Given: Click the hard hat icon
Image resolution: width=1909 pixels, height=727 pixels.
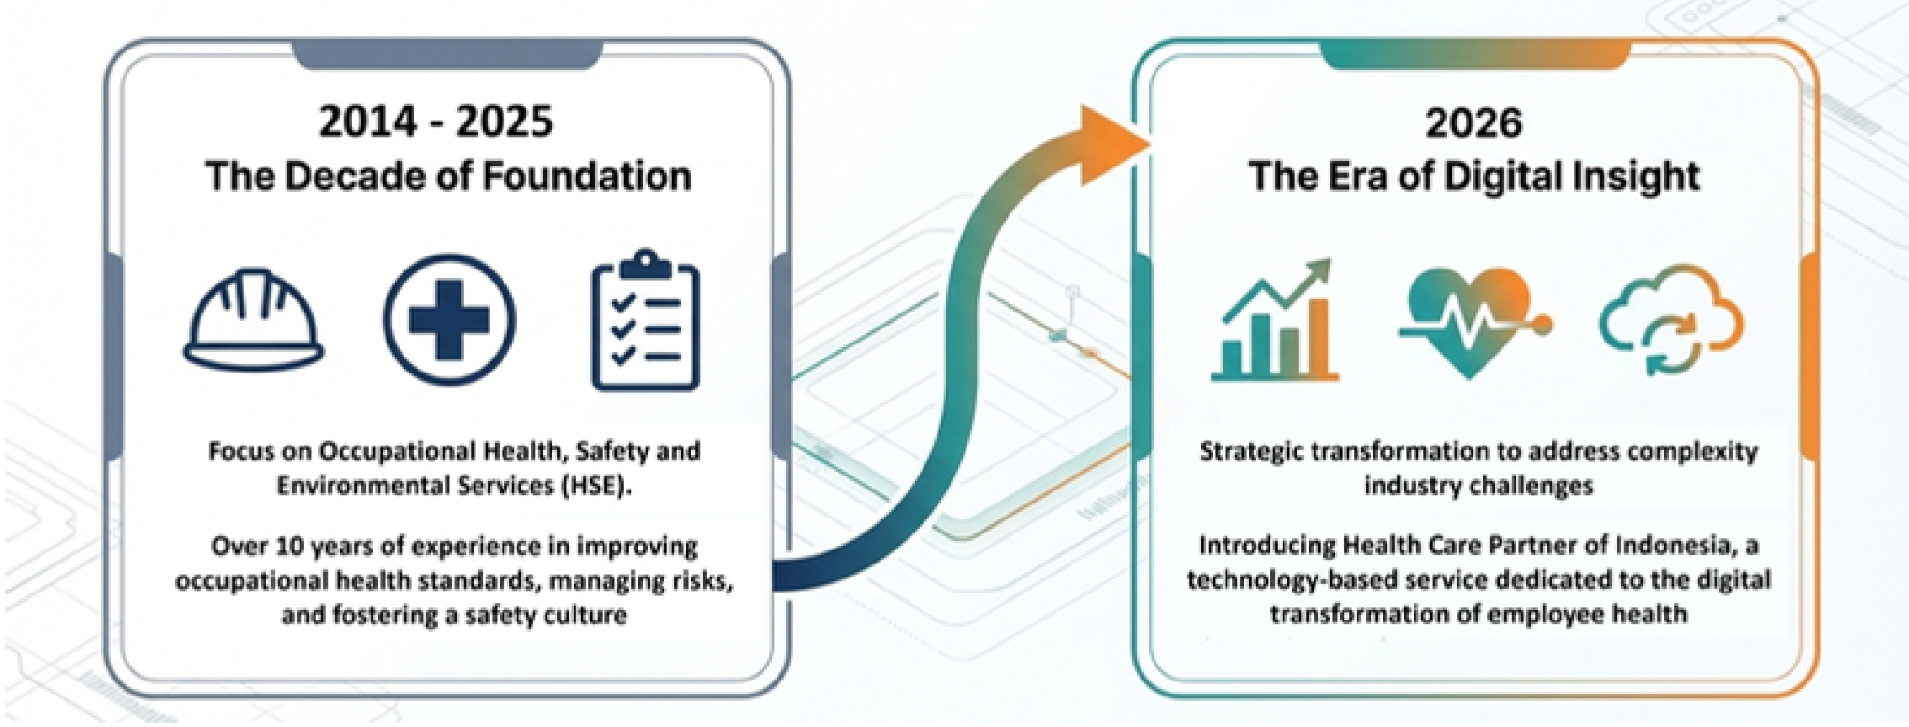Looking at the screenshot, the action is (x=253, y=319).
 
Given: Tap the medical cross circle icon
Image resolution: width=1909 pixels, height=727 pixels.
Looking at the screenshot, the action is (x=449, y=319).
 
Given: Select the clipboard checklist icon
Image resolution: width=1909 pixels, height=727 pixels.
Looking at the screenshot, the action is (x=646, y=319).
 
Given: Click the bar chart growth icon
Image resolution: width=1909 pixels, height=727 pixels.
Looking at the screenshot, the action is (x=1275, y=319).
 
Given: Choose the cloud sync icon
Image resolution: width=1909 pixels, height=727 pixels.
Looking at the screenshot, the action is (x=1672, y=319).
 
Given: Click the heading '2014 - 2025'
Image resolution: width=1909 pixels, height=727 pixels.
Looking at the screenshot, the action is (x=436, y=121).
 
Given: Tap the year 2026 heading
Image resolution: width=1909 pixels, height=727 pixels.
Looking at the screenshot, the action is (x=1474, y=123).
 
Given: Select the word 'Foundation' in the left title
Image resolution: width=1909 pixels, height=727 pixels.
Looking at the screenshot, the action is (x=588, y=176).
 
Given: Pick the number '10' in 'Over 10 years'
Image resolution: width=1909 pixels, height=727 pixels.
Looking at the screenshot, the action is (x=290, y=547).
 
